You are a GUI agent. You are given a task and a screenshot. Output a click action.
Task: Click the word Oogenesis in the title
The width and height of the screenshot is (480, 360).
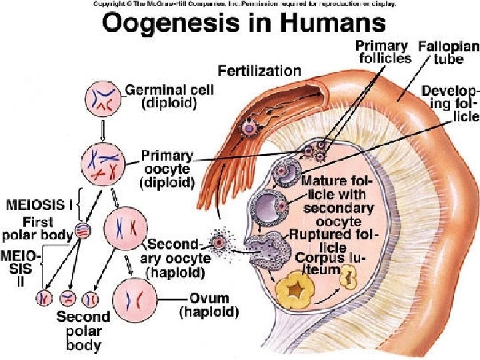tap(157, 24)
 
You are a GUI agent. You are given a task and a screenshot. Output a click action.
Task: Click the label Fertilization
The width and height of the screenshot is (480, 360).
tap(260, 69)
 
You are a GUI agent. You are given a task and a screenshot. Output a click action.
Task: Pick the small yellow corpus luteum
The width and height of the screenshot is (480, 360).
tap(347, 281)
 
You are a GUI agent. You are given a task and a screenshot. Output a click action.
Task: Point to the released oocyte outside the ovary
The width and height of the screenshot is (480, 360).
tap(217, 243)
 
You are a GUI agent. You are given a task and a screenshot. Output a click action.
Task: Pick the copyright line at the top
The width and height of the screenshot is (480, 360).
tap(244, 4)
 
